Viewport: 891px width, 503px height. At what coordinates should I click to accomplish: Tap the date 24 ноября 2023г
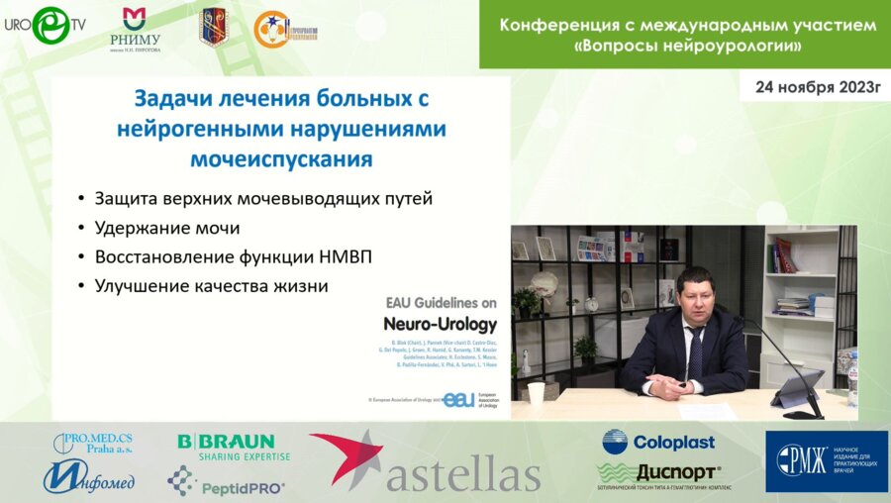click(x=817, y=86)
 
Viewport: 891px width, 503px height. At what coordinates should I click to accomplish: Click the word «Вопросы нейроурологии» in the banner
click(x=688, y=47)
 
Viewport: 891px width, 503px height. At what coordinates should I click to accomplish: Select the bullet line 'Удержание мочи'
click(x=167, y=228)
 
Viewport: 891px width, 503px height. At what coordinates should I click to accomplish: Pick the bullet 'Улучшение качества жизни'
click(x=210, y=285)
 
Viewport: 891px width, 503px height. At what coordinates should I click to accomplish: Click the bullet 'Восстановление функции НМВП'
click(x=233, y=256)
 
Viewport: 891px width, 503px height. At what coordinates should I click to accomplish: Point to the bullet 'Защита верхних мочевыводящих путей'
click(x=263, y=198)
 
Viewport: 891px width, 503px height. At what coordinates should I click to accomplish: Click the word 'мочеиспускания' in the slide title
click(x=281, y=158)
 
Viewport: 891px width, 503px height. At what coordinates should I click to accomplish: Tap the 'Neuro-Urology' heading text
click(x=440, y=324)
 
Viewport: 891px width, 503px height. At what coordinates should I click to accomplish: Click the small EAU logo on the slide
click(x=458, y=399)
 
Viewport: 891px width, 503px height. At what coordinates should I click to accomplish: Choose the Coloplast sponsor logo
click(x=658, y=442)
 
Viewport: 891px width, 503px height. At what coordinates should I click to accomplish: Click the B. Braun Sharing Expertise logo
click(x=234, y=447)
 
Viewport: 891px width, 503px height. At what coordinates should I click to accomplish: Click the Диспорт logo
click(x=659, y=474)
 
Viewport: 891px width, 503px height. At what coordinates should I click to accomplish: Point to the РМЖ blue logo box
click(x=826, y=461)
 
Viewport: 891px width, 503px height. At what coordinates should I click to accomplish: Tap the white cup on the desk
click(x=536, y=393)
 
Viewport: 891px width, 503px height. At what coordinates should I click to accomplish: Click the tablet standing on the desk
click(x=797, y=386)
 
